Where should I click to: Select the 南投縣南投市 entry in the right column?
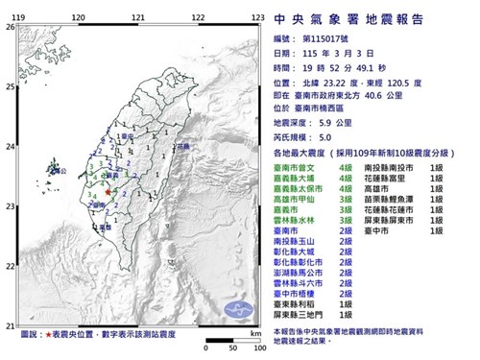tap(399, 168)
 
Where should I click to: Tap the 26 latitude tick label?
tap(9, 27)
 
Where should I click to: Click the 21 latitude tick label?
tap(9, 324)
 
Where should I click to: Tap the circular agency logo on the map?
tap(236, 308)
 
